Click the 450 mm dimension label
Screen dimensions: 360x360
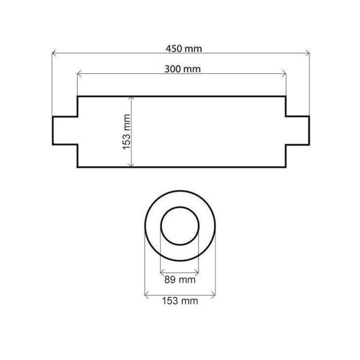point(184,49)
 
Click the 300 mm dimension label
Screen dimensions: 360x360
point(182,69)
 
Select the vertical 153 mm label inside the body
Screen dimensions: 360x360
point(127,132)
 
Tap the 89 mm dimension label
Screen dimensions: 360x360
point(180,280)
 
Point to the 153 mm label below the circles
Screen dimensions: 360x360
point(180,301)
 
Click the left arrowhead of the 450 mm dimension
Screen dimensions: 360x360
point(53,53)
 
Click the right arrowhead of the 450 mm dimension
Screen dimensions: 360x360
point(308,53)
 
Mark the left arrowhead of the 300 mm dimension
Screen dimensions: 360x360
point(79,74)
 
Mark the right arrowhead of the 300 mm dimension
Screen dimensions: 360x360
point(284,74)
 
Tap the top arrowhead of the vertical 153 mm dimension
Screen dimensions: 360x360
point(131,98)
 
